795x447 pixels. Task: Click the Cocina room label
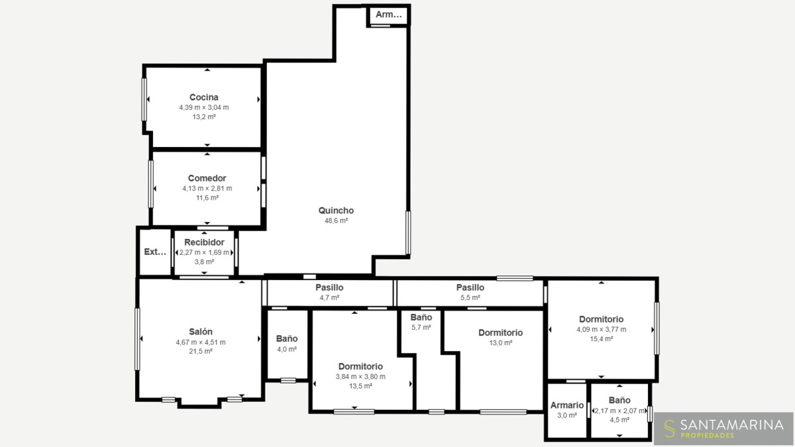pos(204,97)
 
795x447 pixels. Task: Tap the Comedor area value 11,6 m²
pos(207,198)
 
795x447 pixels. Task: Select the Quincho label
pos(336,211)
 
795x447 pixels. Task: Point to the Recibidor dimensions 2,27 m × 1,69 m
pos(204,252)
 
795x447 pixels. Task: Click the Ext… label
pos(155,252)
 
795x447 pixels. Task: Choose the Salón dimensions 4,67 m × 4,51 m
pos(201,342)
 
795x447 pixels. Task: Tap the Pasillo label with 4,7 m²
pos(329,287)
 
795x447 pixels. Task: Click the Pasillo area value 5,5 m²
pos(470,297)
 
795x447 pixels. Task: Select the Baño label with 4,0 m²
pos(287,339)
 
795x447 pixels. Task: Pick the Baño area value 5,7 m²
pos(421,327)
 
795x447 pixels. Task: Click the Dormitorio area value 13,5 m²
pos(360,386)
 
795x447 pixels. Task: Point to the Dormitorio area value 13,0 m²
pos(500,343)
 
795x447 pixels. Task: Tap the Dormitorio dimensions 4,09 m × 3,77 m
pos(602,330)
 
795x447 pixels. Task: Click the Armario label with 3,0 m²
pos(567,405)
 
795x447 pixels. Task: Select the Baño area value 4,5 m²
pos(619,420)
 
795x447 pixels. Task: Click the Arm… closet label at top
pos(389,15)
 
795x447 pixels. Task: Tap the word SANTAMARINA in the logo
pos(732,424)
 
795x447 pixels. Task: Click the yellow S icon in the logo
pos(669,428)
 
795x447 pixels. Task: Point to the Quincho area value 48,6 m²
pos(336,221)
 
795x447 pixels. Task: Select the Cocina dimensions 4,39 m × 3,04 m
pos(204,107)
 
